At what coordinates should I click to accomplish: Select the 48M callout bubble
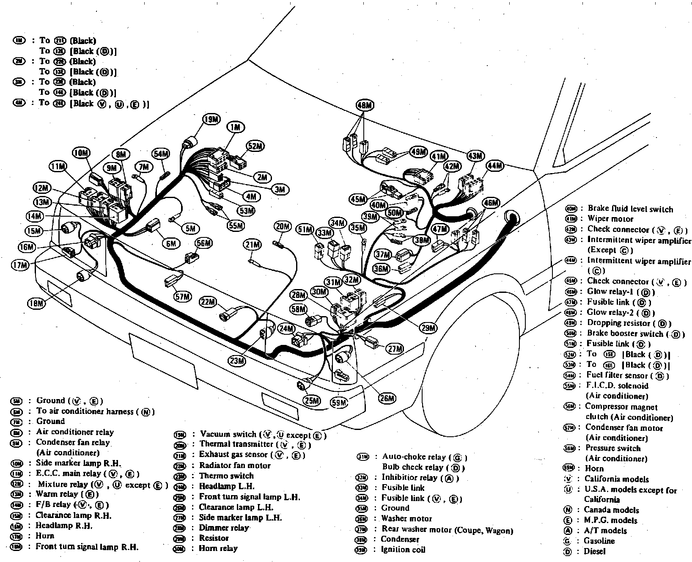click(364, 105)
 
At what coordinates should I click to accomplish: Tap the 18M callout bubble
click(37, 303)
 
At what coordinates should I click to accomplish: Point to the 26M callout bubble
click(387, 398)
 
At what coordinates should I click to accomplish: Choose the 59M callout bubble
click(339, 402)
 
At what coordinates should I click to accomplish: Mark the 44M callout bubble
click(495, 166)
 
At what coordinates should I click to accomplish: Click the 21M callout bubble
click(253, 245)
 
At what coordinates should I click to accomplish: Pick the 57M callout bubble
click(183, 297)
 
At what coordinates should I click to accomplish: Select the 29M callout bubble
click(428, 328)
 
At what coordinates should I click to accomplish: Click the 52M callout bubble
click(255, 146)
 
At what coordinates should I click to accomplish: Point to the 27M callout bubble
click(395, 349)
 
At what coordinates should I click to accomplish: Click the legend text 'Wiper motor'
click(610, 219)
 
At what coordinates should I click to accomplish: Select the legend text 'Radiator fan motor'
click(235, 466)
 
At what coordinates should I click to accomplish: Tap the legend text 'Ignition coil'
click(403, 550)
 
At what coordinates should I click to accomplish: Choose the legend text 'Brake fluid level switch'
click(630, 209)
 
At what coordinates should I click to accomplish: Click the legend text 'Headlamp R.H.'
click(64, 526)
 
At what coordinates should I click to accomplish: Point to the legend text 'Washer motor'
click(406, 518)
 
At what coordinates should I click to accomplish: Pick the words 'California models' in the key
click(616, 479)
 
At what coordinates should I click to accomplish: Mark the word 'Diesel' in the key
click(594, 551)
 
